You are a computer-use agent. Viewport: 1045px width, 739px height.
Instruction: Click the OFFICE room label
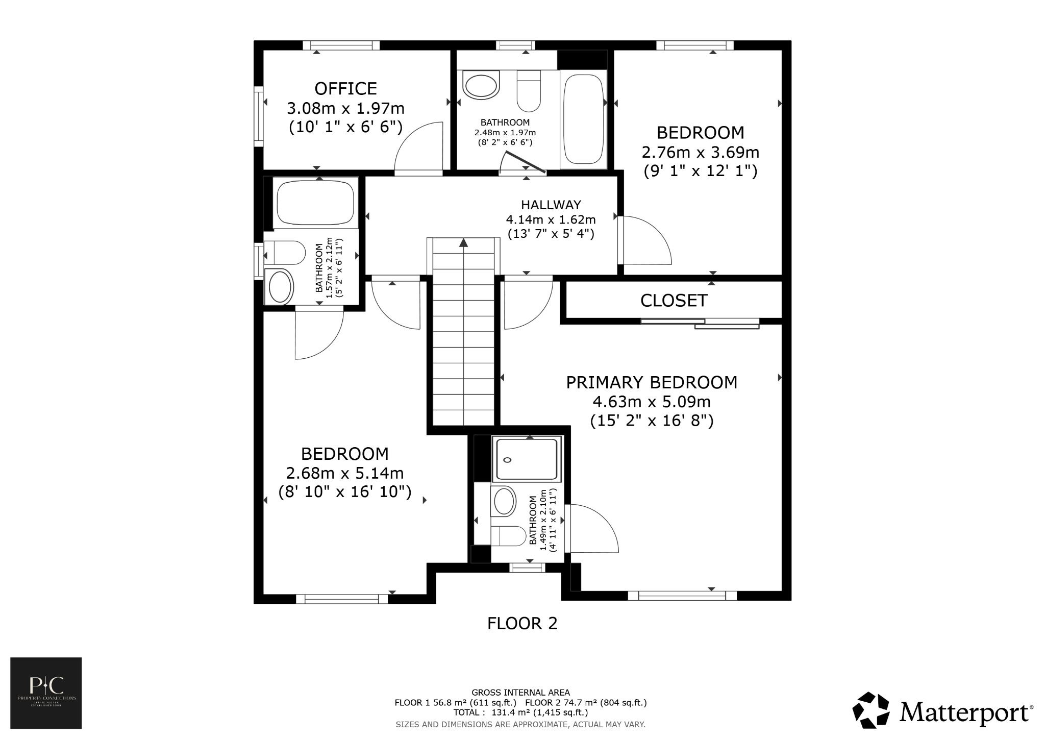pos(345,89)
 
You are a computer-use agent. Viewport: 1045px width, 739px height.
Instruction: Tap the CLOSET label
pos(674,301)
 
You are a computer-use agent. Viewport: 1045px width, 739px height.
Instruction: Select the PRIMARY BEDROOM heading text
pos(652,382)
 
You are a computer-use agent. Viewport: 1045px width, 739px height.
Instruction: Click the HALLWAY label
pos(551,205)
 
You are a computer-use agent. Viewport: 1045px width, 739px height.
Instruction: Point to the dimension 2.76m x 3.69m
pos(700,152)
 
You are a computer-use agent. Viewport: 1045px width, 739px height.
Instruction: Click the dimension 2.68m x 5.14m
pos(345,473)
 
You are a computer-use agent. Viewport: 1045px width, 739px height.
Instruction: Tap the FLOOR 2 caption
pos(522,623)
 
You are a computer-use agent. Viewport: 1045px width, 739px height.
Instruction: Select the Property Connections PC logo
pos(46,693)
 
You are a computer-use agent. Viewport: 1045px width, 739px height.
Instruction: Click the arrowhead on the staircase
pos(463,243)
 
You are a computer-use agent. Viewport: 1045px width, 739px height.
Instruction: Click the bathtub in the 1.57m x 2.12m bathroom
pos(315,202)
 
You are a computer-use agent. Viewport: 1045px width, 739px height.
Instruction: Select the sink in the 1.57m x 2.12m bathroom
pos(280,287)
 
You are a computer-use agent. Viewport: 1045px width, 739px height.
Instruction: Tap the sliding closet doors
pos(700,323)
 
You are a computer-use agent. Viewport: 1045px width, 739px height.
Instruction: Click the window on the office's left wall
pos(259,117)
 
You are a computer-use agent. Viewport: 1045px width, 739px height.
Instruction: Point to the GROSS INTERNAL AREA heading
pos(520,693)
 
